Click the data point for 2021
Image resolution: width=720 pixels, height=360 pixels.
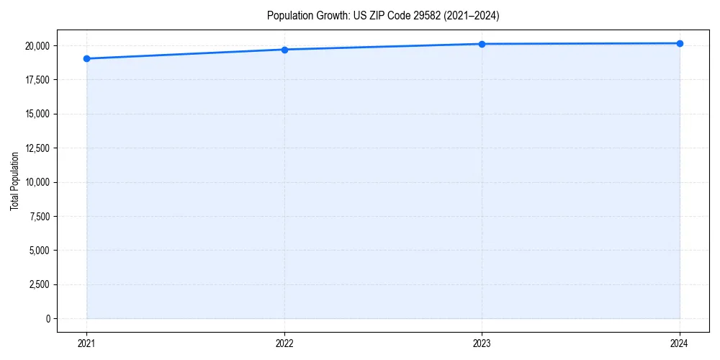(x=86, y=58)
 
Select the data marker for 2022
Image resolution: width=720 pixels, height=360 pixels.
(x=284, y=50)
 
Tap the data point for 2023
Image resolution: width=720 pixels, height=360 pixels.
(x=482, y=44)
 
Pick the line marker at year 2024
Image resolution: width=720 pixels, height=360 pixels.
(x=680, y=43)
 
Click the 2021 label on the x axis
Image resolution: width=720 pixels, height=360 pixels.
(x=86, y=343)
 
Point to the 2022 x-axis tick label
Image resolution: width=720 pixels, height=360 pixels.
(x=284, y=343)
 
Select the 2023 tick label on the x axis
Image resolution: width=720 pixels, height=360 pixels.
(x=482, y=343)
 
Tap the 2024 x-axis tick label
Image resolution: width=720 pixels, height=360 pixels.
(x=680, y=343)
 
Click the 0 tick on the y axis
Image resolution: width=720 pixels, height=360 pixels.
(x=48, y=318)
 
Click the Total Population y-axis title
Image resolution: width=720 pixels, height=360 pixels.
(x=14, y=181)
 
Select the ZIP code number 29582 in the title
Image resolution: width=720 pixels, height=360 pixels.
(x=427, y=15)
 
